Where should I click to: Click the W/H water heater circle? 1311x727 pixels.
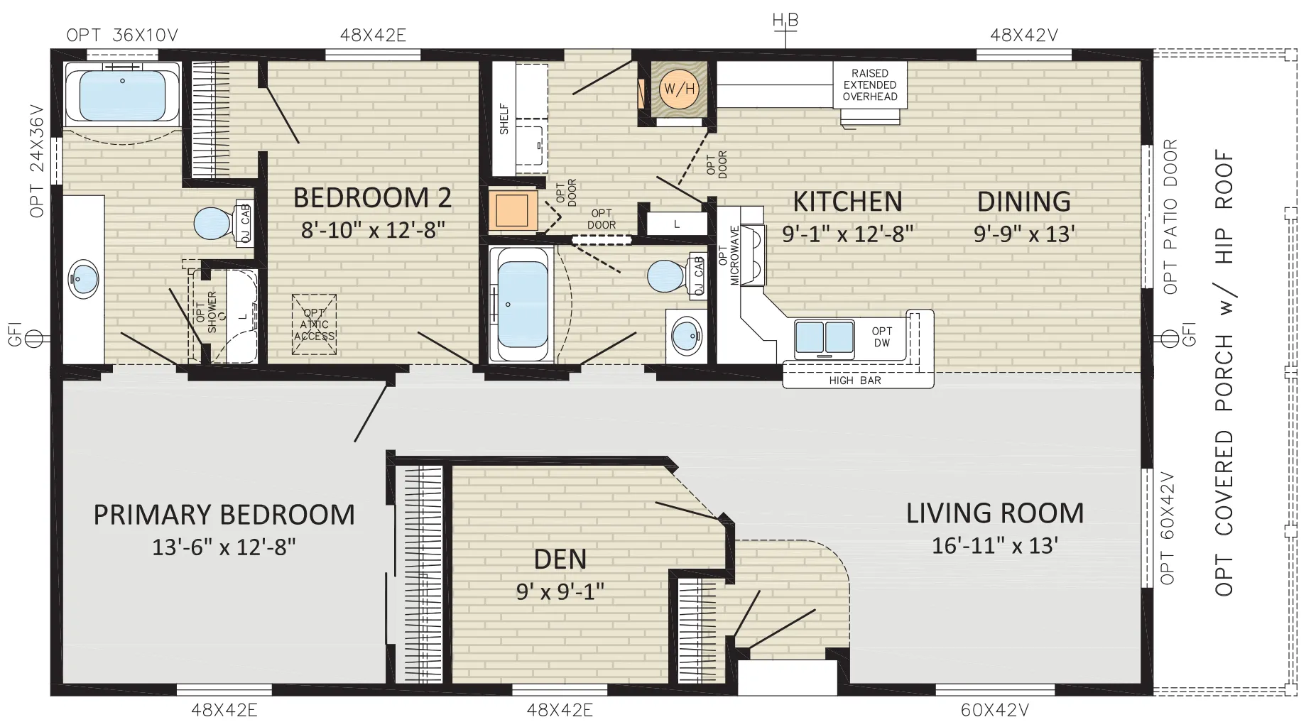coord(679,89)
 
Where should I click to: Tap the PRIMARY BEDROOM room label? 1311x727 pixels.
coord(224,515)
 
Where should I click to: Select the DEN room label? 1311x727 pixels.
coord(560,559)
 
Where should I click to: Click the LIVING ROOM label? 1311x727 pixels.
coord(995,513)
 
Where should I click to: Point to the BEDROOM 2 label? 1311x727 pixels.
coord(373,197)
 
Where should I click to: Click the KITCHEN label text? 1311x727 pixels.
coord(847,202)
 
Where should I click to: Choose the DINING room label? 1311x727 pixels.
coord(1023,202)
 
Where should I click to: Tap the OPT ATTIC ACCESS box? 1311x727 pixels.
coord(314,324)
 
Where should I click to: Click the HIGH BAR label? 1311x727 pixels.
coord(855,381)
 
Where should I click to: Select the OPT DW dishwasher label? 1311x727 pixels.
coord(882,337)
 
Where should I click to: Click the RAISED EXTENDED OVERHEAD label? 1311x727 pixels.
coord(870,84)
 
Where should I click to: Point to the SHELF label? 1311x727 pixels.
coord(504,119)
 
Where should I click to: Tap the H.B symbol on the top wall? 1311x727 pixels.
coord(785,21)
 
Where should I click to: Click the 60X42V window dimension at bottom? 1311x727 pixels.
coord(995,709)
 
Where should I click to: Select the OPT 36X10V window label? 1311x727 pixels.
coord(122,35)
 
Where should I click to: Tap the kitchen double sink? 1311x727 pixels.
coord(825,337)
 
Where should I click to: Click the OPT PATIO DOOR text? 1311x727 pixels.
coord(1170,217)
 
